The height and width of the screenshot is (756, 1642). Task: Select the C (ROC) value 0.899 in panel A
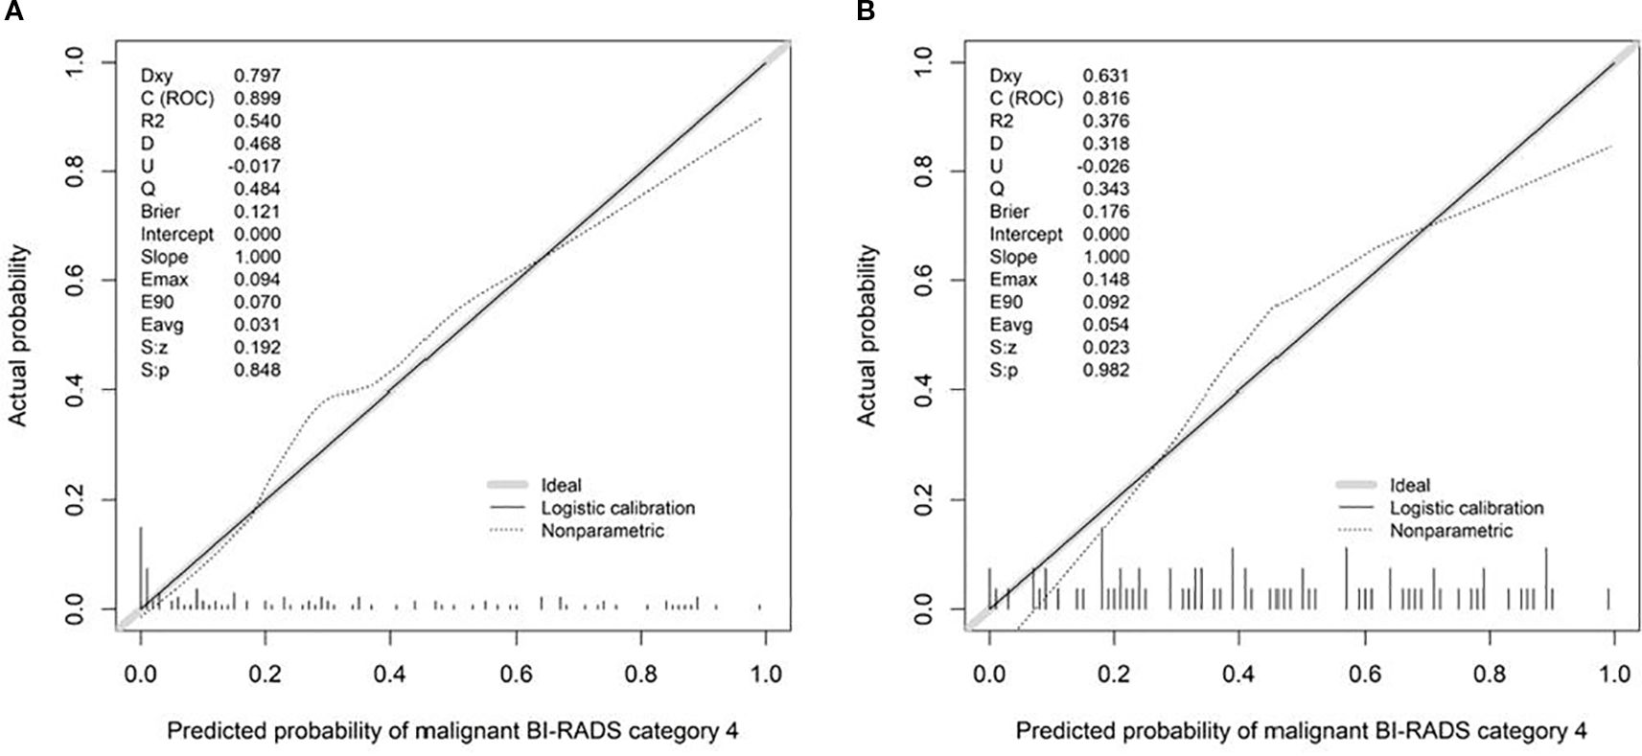(257, 98)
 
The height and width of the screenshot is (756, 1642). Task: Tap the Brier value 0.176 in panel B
(1106, 212)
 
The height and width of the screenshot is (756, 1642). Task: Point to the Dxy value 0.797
(257, 76)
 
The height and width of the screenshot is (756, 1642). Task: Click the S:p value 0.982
(1106, 371)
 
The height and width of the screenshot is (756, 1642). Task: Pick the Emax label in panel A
(164, 280)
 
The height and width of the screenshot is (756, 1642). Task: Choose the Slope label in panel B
(1013, 257)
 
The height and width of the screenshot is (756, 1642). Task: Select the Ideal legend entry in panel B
(1410, 486)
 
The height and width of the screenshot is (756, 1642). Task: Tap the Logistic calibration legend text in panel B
(1467, 508)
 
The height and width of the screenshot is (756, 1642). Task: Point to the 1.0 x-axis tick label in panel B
(1614, 675)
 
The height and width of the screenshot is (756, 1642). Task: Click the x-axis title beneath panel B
(1301, 732)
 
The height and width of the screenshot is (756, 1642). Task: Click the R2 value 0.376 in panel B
(1106, 121)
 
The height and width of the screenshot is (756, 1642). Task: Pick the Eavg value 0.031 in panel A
(257, 325)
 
